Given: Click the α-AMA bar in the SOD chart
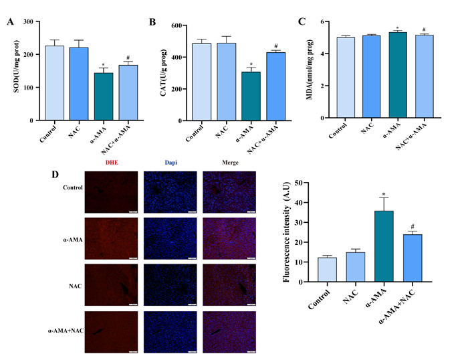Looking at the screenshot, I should point(103,96).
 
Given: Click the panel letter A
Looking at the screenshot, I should point(10,22).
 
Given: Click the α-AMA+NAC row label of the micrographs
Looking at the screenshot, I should point(65,330).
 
